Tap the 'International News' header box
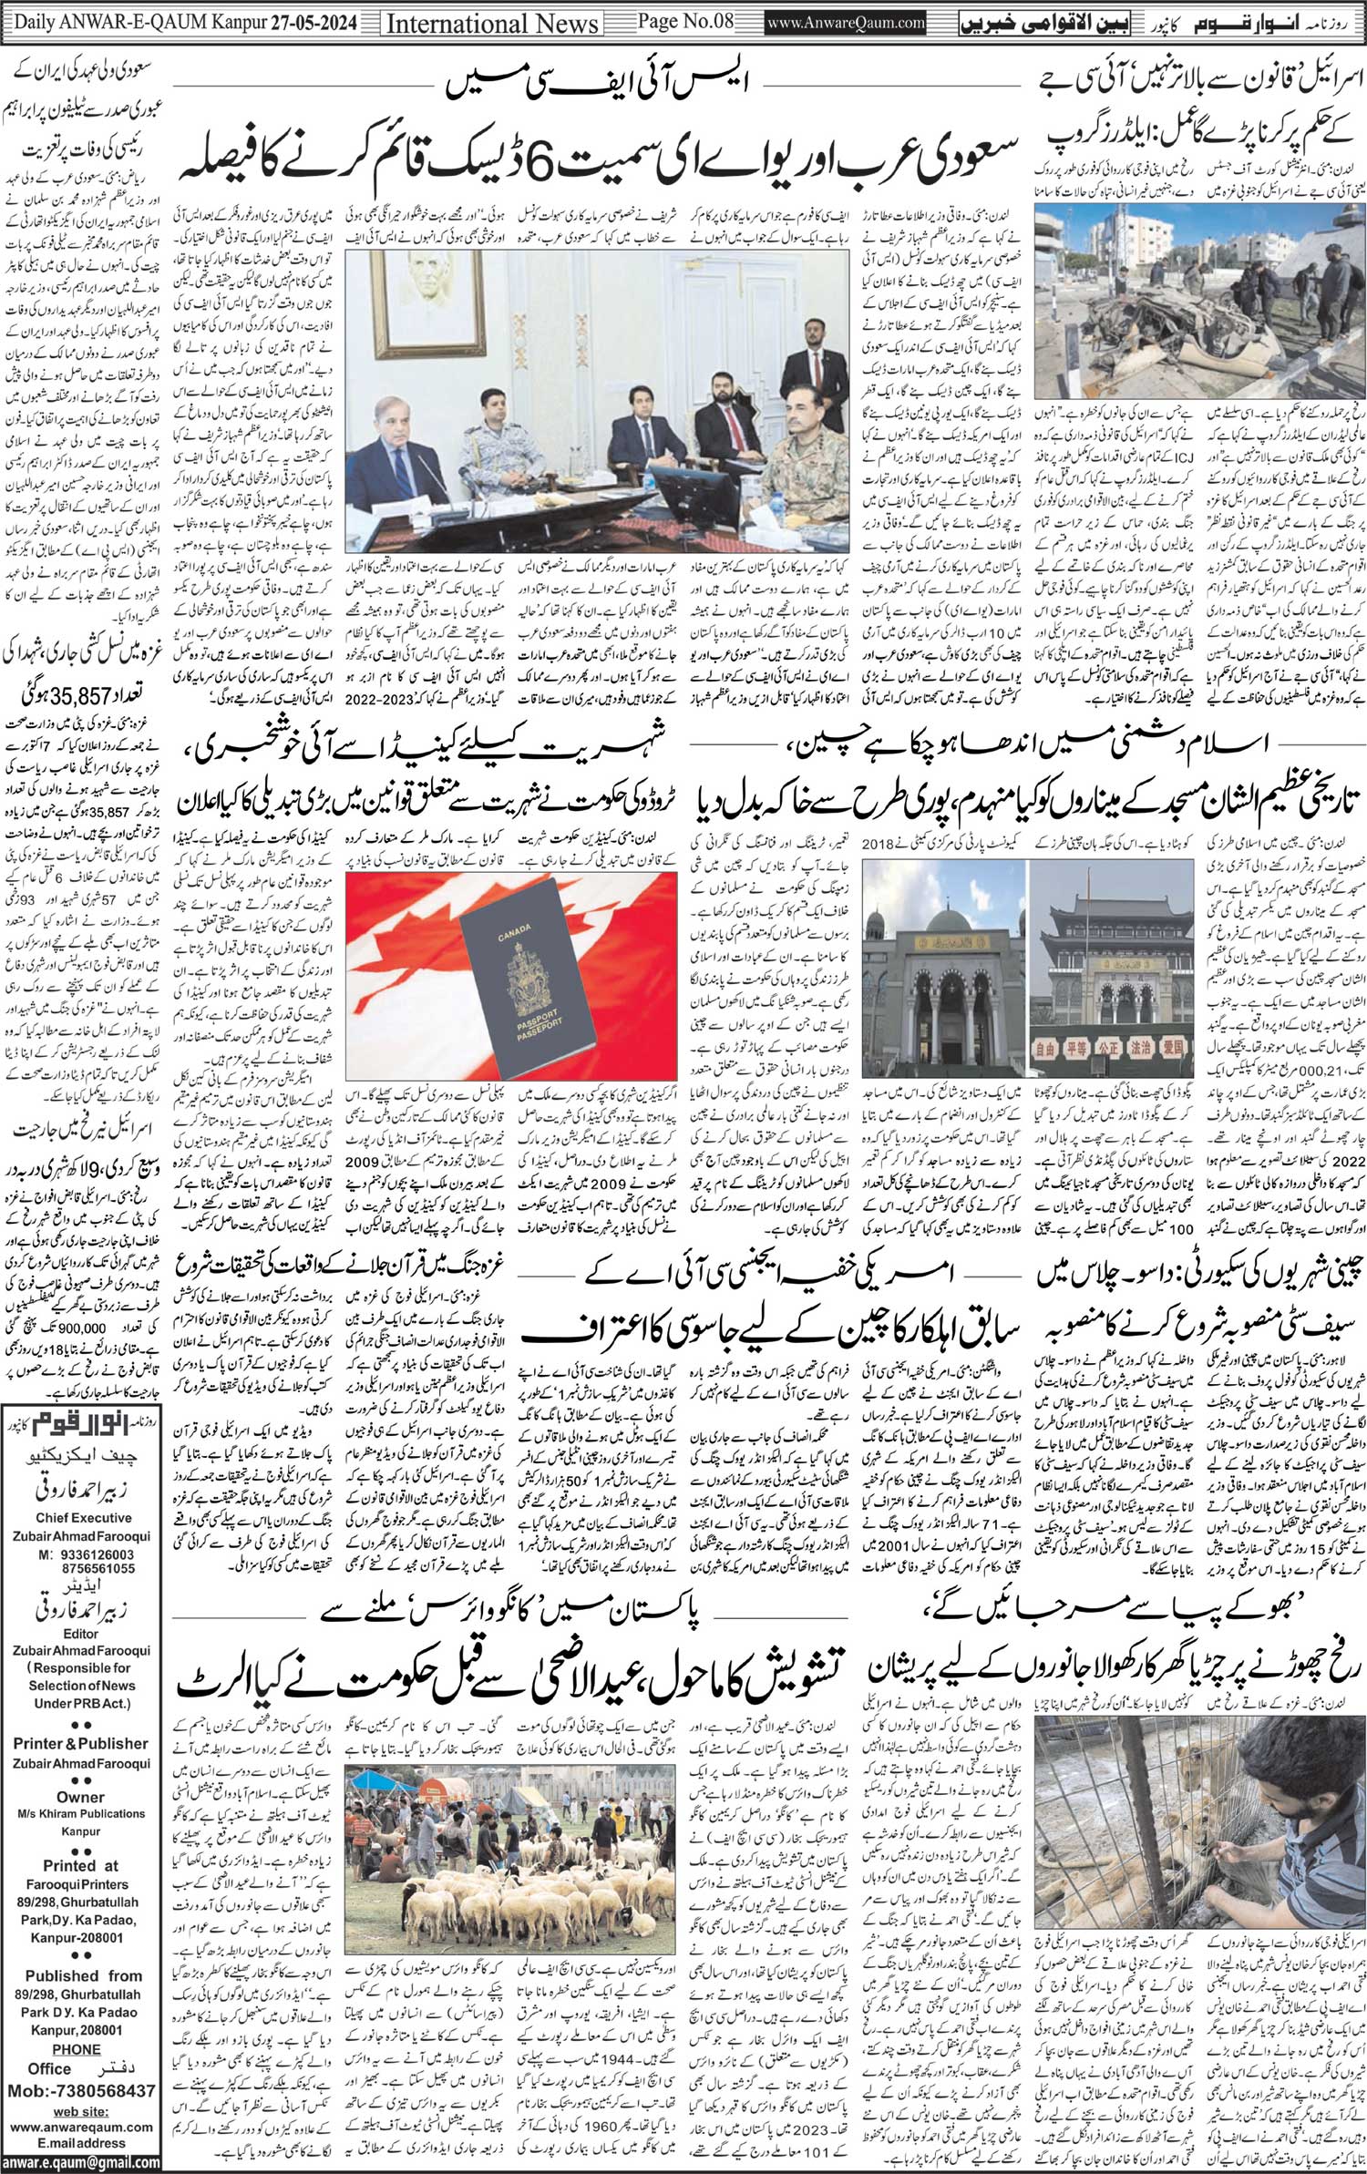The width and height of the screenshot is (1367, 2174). tap(493, 24)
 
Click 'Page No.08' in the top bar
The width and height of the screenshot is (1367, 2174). tap(686, 22)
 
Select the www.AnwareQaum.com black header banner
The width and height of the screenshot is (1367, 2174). tap(845, 23)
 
